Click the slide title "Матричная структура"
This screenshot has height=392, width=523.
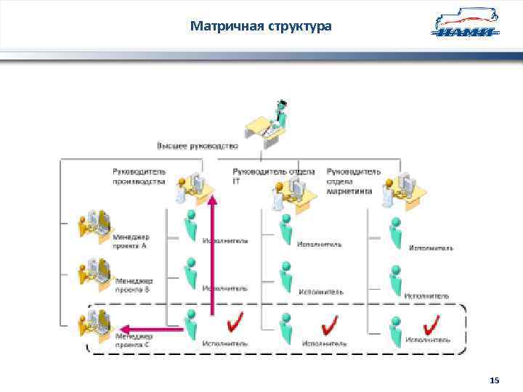261,27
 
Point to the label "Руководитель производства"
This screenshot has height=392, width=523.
139,176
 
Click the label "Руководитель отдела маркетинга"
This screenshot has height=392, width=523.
353,181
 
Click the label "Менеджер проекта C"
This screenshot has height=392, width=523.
133,340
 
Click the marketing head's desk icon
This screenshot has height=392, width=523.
404,190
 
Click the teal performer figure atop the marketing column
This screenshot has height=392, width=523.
395,229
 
